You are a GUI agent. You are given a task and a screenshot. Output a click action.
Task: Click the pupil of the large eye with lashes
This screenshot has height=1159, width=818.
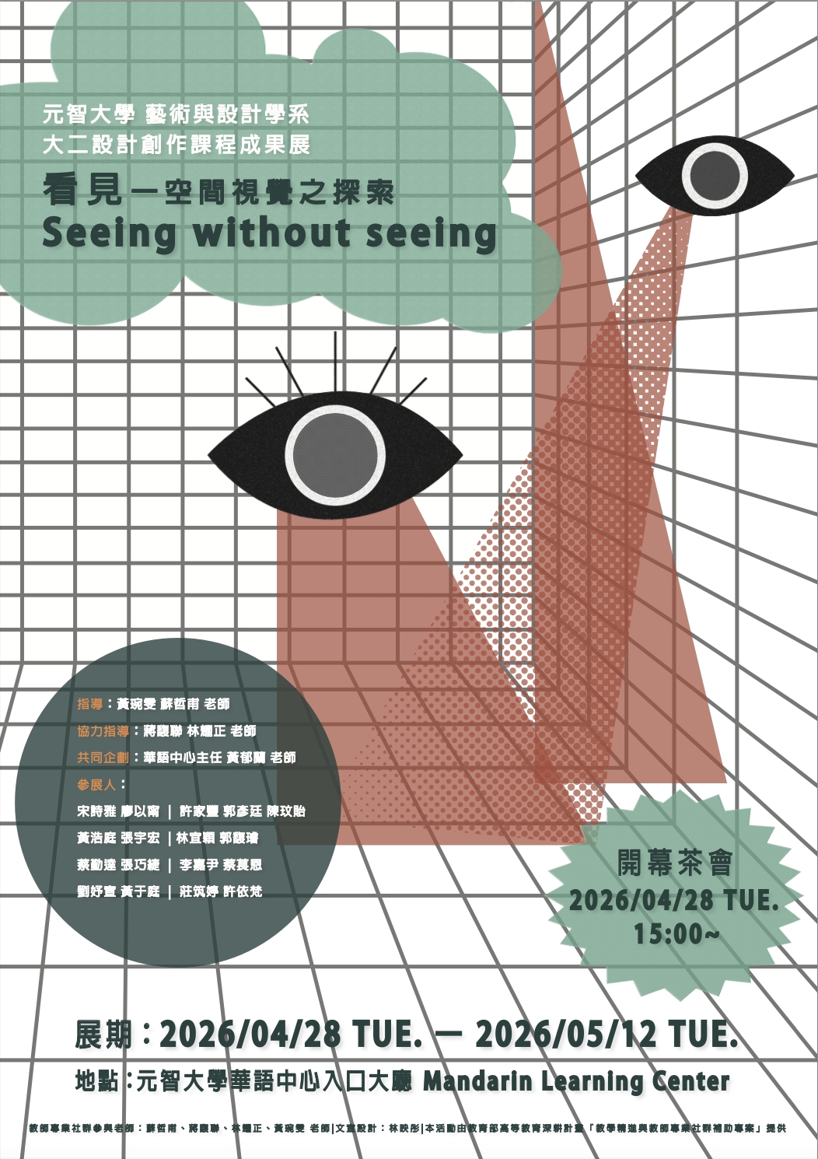tap(335, 455)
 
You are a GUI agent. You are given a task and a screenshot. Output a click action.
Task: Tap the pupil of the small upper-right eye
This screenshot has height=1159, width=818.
tap(715, 175)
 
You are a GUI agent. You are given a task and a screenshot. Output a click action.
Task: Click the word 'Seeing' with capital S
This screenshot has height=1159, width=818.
tap(110, 233)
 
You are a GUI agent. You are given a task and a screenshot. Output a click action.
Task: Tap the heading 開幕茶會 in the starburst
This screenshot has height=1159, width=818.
tap(675, 863)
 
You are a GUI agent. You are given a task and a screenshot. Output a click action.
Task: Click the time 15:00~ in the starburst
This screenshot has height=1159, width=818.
tap(676, 933)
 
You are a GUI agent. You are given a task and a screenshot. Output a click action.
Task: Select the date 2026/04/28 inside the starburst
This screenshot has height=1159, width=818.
tap(641, 900)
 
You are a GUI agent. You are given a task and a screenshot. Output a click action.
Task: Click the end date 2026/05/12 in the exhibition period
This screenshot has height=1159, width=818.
tap(567, 1035)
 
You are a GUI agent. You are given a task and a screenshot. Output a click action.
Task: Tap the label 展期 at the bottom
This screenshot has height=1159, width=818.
tap(103, 1035)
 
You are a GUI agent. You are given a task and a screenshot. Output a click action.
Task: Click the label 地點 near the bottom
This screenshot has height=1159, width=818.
tap(97, 1081)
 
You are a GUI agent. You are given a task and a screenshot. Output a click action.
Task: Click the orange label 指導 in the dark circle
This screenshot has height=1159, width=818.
tap(89, 704)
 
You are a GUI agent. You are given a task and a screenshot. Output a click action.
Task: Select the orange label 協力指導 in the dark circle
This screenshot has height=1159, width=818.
tap(103, 731)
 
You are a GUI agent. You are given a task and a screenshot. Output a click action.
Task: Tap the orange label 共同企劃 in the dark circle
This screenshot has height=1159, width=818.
tap(103, 758)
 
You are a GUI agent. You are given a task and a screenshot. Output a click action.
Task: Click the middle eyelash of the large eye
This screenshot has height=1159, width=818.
tap(336, 362)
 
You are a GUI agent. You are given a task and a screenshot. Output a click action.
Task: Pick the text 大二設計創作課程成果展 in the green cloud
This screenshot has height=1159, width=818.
tap(177, 145)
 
